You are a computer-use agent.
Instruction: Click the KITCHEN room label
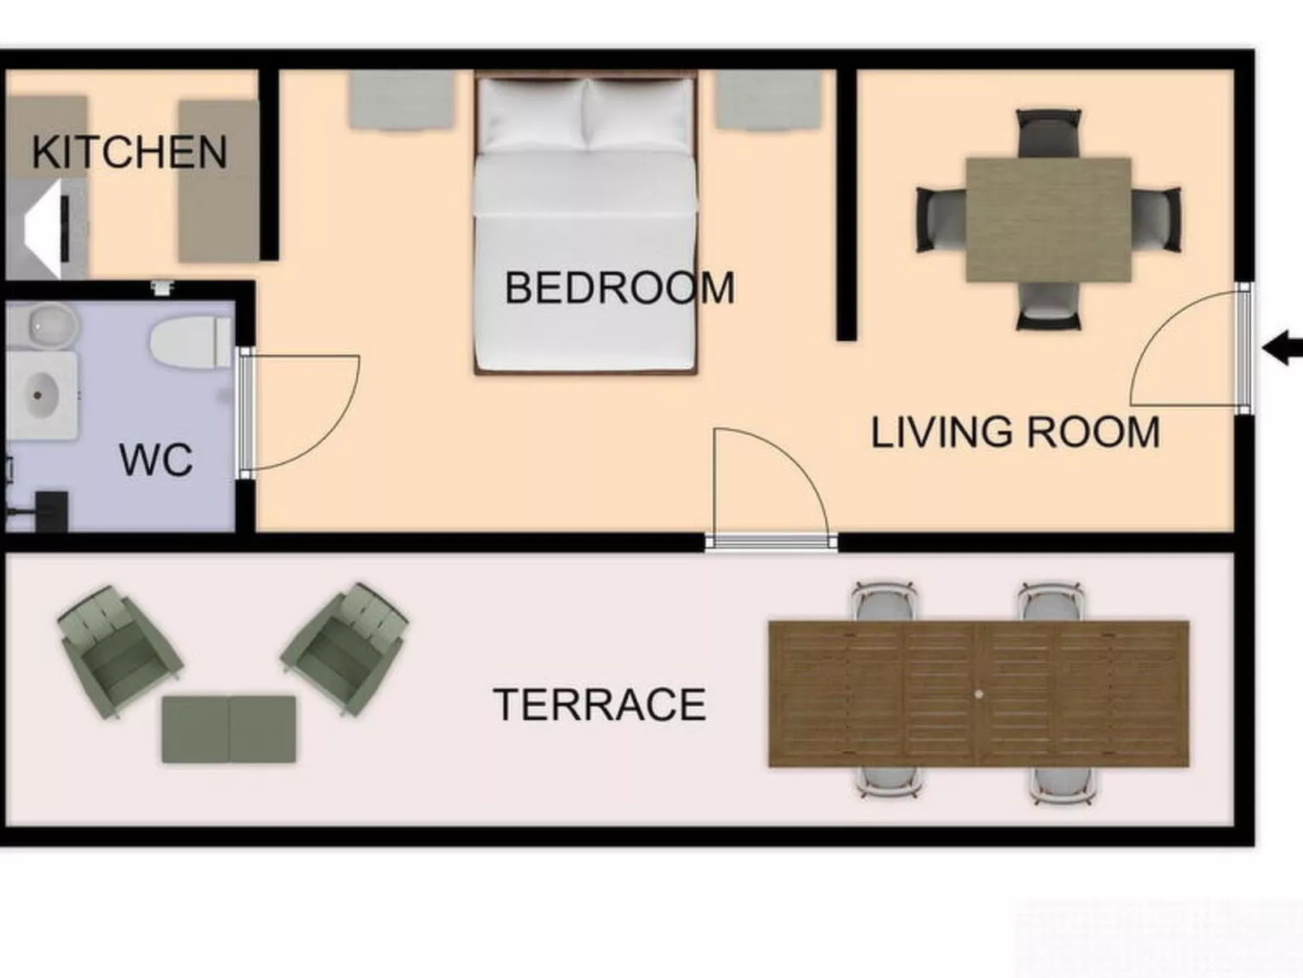click(x=129, y=153)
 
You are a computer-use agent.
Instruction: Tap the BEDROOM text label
click(x=619, y=288)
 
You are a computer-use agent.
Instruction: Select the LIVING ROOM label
click(x=1015, y=432)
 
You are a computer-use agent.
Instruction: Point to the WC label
click(x=156, y=459)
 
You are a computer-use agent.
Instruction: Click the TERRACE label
click(x=600, y=704)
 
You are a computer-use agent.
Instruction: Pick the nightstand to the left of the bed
click(x=401, y=99)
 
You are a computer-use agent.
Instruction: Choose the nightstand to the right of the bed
click(x=768, y=99)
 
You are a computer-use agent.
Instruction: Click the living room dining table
click(x=1048, y=220)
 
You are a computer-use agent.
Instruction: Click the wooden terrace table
click(x=978, y=694)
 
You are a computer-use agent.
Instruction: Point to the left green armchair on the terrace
click(x=119, y=650)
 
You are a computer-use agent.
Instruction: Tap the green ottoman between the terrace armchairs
click(x=229, y=729)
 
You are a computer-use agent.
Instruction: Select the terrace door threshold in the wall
click(x=771, y=541)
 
